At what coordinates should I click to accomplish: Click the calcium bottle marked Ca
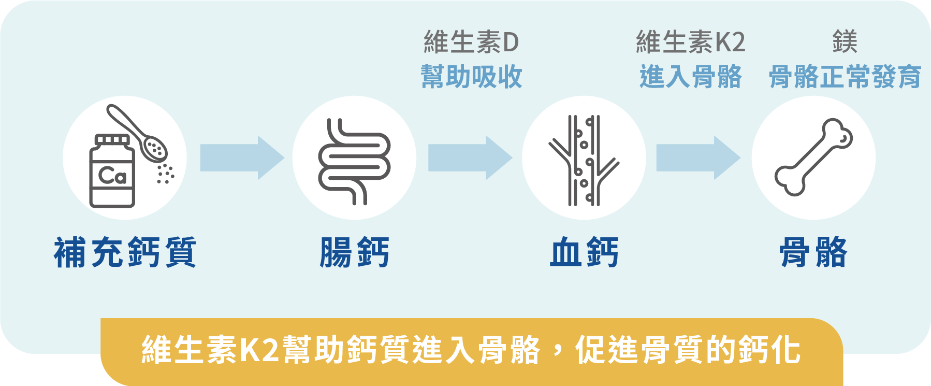[x=112, y=172]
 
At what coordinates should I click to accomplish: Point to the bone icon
[x=813, y=158]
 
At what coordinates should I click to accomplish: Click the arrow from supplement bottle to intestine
[x=242, y=158]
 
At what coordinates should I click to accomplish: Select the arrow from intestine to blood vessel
[x=470, y=158]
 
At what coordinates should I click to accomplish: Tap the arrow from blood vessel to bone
[x=698, y=158]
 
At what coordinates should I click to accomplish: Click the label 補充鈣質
[x=125, y=252]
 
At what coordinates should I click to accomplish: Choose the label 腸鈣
[x=354, y=252]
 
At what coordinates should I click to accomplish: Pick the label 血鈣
[x=584, y=252]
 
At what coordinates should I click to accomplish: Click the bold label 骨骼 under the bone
[x=813, y=252]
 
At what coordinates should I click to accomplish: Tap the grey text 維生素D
[x=471, y=42]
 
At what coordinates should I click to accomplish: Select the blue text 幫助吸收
[x=471, y=77]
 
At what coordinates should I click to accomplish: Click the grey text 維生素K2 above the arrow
[x=690, y=42]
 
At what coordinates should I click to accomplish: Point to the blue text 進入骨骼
[x=690, y=77]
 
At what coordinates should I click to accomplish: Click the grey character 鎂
[x=845, y=42]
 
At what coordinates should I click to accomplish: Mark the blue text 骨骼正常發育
[x=845, y=77]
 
